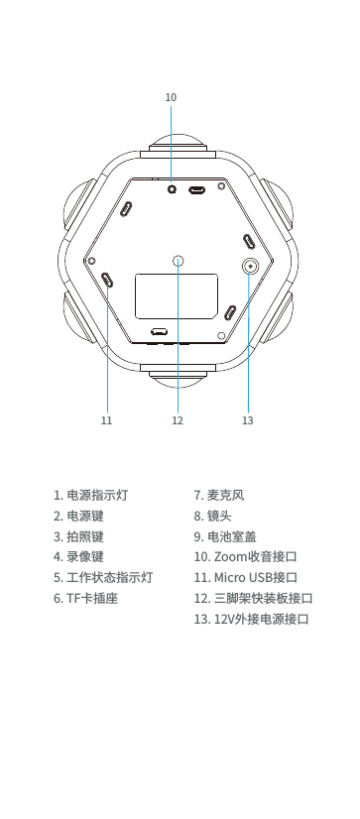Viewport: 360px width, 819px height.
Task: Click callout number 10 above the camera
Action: point(171,98)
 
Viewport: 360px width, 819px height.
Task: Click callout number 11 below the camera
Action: point(106,420)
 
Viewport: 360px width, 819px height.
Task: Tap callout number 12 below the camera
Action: point(178,420)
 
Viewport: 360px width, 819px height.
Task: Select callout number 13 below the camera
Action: point(248,420)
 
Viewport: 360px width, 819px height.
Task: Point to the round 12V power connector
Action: point(249,266)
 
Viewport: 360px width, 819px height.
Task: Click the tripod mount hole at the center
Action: point(179,261)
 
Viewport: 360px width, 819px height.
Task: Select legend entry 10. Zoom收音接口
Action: point(246,557)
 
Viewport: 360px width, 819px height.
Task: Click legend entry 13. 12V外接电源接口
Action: point(253,620)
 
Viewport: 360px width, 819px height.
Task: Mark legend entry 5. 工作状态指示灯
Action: point(103,578)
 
